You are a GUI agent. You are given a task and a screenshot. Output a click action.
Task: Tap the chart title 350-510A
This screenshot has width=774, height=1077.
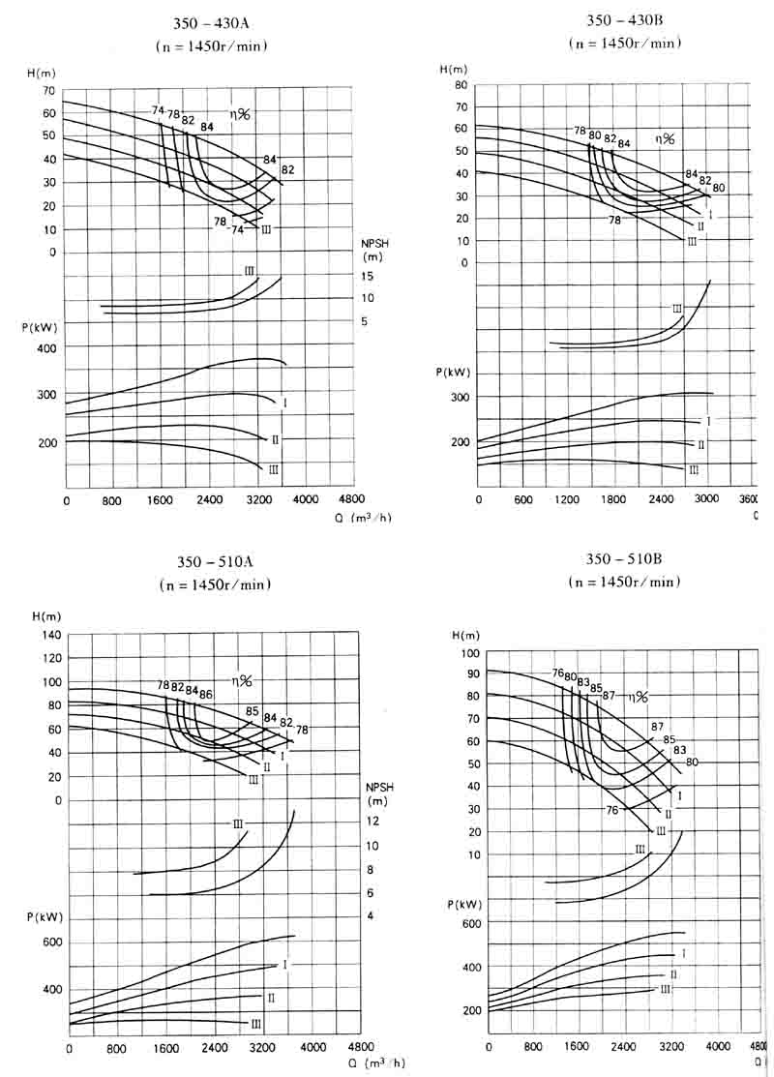point(215,562)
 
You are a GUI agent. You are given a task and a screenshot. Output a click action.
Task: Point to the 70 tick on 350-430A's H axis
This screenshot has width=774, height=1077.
point(47,90)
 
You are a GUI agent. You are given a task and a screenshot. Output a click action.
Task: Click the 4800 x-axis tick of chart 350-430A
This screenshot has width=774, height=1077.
point(351,500)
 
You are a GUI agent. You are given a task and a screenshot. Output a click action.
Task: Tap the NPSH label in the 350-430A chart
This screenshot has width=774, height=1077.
point(373,245)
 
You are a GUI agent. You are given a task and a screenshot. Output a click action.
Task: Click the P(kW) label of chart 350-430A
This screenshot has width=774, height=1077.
point(43,327)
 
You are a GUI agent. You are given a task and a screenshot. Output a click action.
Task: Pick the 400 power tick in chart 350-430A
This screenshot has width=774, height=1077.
point(47,348)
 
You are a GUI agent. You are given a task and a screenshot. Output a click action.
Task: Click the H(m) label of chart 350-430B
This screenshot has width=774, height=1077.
point(453,69)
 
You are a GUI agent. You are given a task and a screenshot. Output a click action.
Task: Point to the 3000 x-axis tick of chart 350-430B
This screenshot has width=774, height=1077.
point(704,499)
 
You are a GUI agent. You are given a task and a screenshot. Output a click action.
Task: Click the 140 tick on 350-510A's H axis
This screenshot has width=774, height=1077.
point(50,635)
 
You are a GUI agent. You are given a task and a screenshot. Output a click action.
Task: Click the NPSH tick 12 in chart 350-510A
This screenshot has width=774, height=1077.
point(373,822)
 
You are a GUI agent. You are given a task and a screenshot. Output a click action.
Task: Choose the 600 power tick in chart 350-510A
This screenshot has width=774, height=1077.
point(50,942)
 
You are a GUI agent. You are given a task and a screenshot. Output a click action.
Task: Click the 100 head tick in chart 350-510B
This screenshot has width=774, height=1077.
point(471,653)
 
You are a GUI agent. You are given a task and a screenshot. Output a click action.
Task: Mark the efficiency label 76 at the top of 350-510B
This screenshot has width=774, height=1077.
point(557,673)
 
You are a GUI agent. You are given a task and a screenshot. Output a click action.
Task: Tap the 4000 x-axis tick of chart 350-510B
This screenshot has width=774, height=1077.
point(717,1046)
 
